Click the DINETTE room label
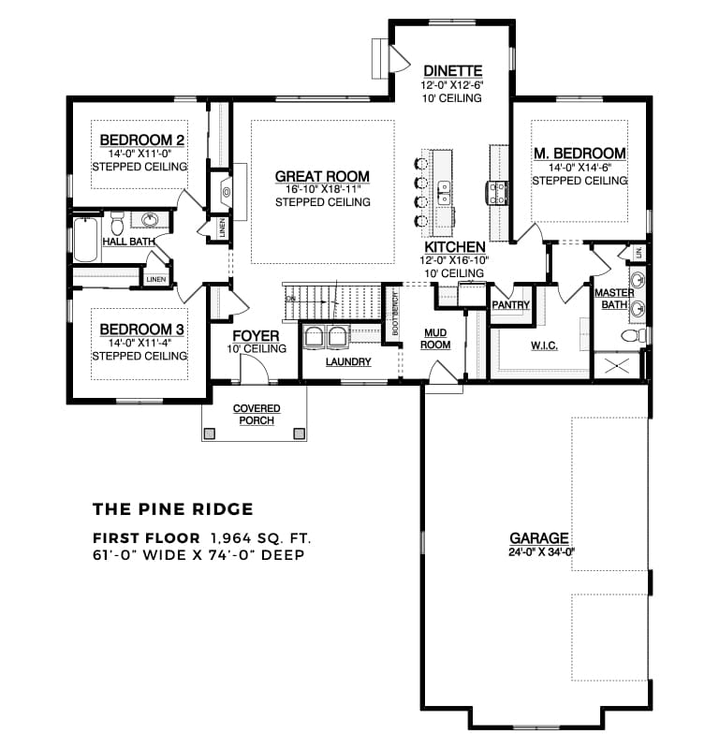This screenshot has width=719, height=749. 452,70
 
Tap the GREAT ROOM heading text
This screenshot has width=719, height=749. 321,176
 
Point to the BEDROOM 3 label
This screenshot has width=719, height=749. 141,330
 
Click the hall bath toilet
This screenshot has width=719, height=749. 117,225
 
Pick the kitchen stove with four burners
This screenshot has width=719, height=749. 497,193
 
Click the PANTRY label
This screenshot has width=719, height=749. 510,305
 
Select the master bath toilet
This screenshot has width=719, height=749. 634,334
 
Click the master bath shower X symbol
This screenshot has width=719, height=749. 618,365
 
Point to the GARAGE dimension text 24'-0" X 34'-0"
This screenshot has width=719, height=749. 540,551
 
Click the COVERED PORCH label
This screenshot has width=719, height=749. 255,415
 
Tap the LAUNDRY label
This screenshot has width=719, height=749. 348,361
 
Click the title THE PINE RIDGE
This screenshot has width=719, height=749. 172,509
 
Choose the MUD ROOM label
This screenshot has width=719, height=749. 436,338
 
